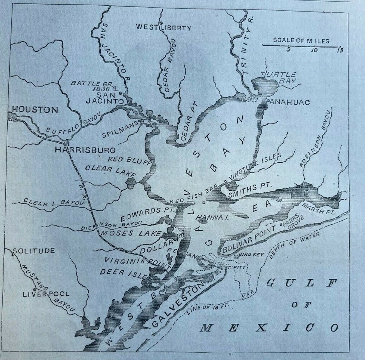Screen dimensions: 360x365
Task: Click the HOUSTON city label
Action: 35,110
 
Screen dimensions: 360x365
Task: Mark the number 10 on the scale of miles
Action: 314,50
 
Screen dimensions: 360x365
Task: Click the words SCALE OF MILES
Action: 301,40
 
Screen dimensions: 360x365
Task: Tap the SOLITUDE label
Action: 33,251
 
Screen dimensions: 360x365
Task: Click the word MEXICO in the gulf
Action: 269,328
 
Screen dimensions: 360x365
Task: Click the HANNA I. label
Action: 207,218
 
